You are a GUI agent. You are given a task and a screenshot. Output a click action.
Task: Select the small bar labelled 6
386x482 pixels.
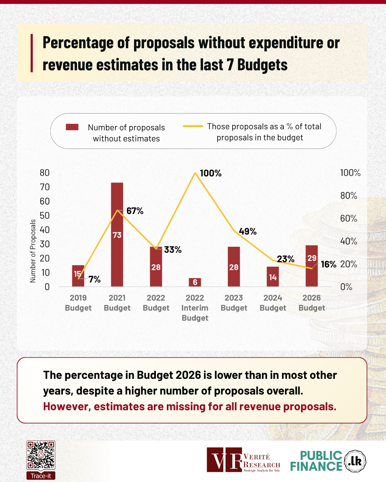pos(195,282)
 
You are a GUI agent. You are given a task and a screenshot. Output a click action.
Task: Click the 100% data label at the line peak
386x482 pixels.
pos(211,174)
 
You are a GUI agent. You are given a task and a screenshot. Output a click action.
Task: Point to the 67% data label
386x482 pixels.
pos(135,211)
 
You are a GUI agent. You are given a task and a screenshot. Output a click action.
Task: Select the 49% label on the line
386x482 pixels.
pos(248,232)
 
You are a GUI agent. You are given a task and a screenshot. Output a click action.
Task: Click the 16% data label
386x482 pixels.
pos(328,265)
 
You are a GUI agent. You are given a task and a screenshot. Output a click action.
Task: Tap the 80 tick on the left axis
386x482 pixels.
pos(45,173)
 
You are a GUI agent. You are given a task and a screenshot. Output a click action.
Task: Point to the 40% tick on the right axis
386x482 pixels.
pos(348,241)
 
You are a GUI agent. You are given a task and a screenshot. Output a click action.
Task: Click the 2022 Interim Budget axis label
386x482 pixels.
pos(195,308)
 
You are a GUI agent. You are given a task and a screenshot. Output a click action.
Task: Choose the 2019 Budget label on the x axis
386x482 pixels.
pos(78,303)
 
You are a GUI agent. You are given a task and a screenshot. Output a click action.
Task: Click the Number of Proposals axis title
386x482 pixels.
pos(33,251)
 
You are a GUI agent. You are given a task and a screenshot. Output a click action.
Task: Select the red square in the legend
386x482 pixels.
pos(72,127)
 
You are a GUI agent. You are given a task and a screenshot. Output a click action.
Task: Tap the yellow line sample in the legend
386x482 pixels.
pos(193,126)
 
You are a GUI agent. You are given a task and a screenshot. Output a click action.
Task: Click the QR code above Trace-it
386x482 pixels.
pos(41,455)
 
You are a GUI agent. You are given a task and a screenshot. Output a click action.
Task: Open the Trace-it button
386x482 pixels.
pos(41,476)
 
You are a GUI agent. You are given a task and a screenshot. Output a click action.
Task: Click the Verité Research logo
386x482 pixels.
pos(243,460)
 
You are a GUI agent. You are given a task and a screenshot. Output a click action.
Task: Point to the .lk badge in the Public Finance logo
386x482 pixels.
pos(355,461)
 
